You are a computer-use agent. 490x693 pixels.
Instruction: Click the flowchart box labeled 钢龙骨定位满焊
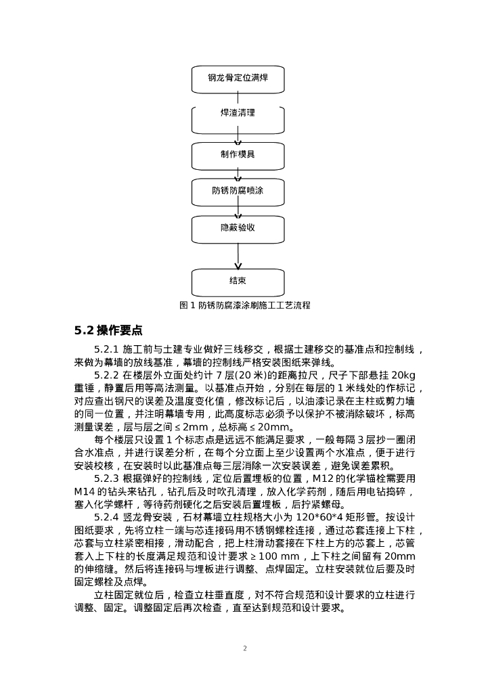click(238, 79)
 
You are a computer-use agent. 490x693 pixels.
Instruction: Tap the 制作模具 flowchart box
click(238, 154)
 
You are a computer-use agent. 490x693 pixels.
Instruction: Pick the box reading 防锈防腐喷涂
click(238, 191)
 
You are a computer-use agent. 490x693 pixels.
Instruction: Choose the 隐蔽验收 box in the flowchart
click(238, 228)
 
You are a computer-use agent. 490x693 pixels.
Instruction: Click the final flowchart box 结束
click(238, 281)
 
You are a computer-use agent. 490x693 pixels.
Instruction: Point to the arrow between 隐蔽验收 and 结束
click(238, 256)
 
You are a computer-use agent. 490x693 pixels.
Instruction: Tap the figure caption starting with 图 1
click(245, 305)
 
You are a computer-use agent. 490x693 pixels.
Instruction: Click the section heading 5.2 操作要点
click(108, 331)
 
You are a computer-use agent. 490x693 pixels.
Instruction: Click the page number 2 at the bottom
click(245, 648)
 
